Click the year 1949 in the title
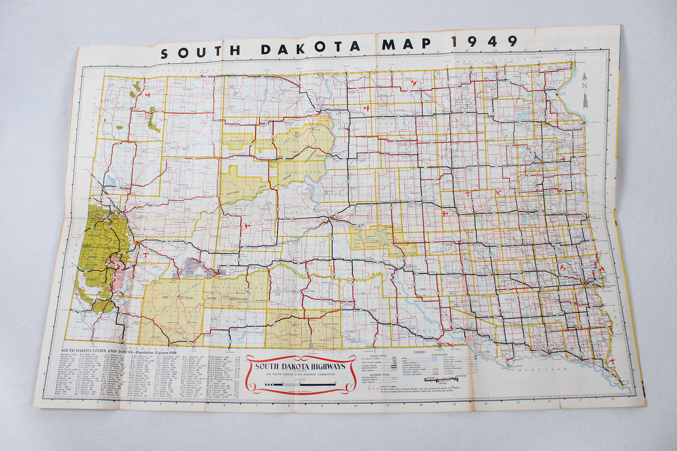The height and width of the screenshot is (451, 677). [x=484, y=42]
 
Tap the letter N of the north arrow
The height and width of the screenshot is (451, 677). [x=584, y=85]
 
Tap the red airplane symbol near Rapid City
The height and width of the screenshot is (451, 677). [x=146, y=255]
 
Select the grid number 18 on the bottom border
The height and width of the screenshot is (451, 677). [x=612, y=399]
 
